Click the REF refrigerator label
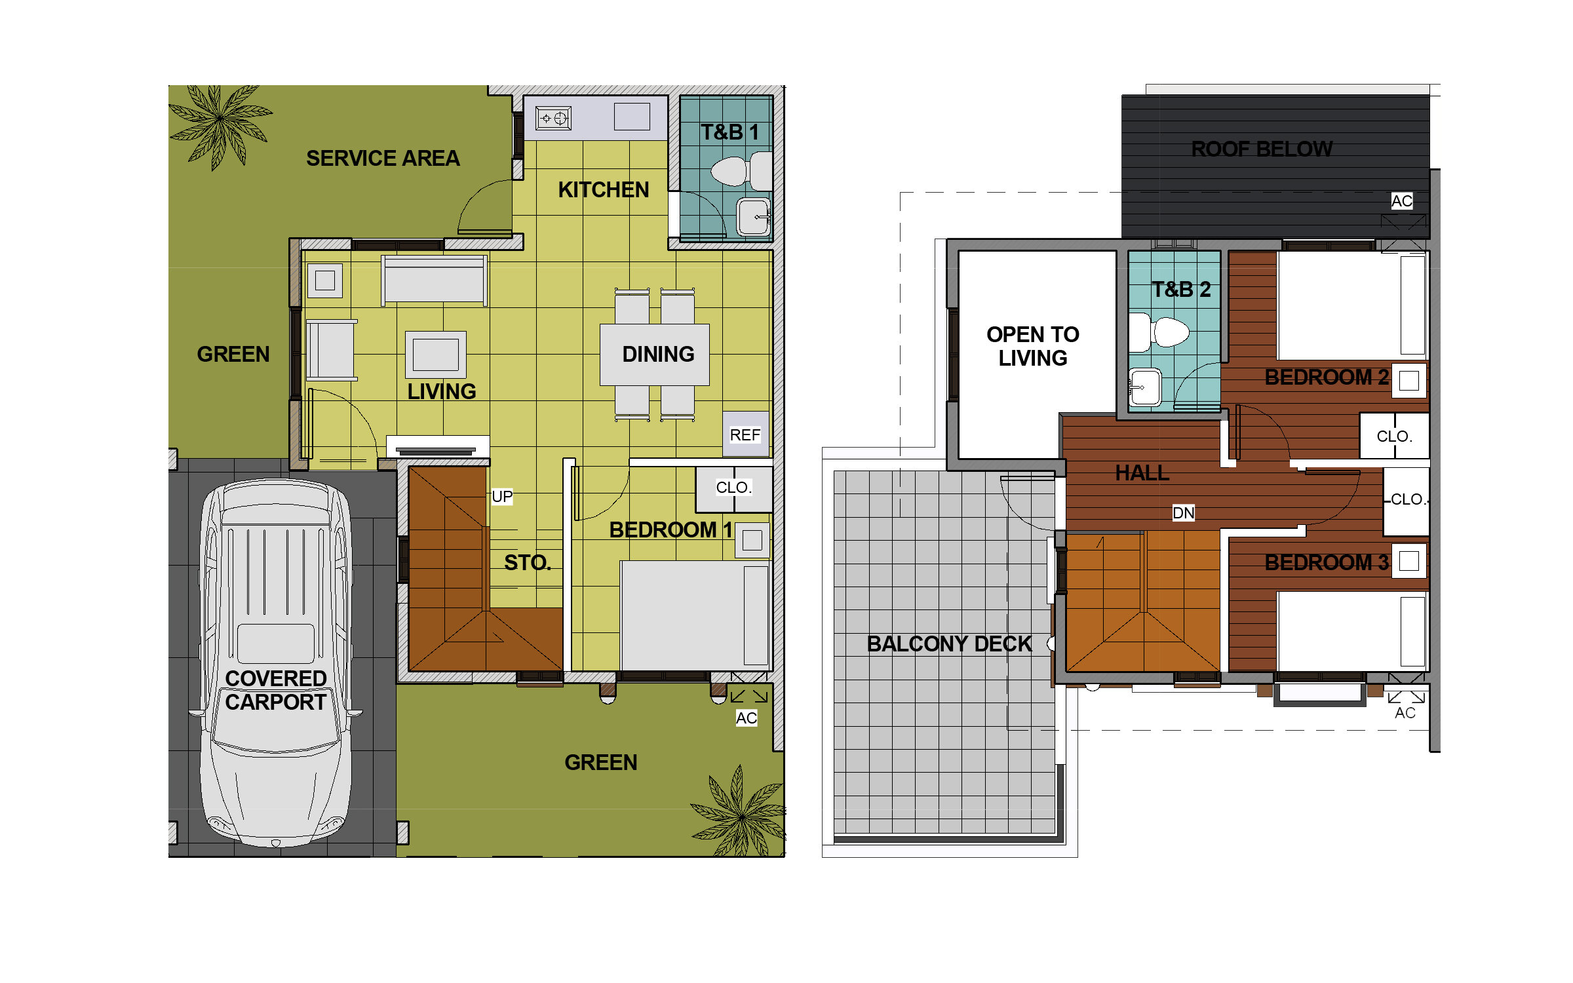click(745, 435)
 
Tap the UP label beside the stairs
click(502, 497)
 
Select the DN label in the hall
click(1183, 513)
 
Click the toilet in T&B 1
click(741, 171)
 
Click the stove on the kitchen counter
click(553, 119)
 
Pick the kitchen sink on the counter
click(632, 117)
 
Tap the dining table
click(654, 355)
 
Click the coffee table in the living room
click(436, 355)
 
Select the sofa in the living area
click(435, 280)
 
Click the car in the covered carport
click(276, 662)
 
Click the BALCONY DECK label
click(949, 644)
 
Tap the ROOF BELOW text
click(1262, 149)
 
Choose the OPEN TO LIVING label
click(1033, 347)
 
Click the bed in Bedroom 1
click(695, 615)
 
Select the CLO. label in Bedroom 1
click(733, 488)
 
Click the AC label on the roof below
click(1401, 201)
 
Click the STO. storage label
click(527, 563)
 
